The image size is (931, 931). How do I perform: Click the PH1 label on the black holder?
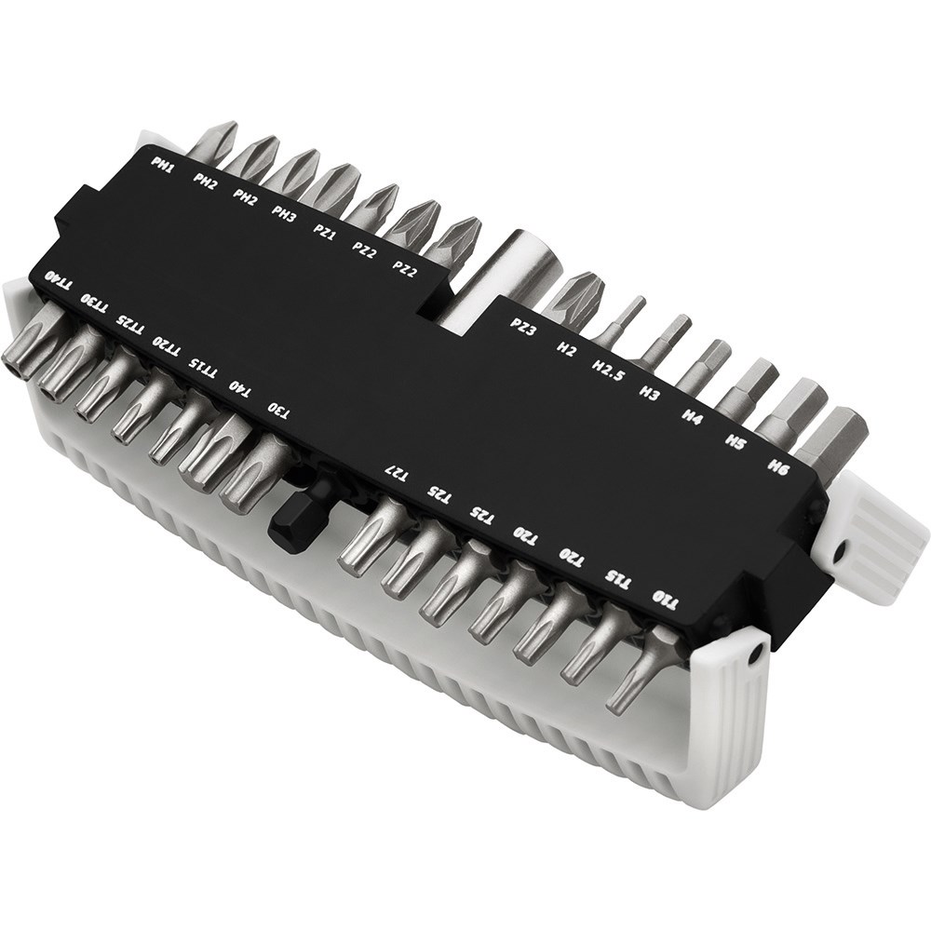[162, 165]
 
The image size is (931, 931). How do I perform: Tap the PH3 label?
[284, 211]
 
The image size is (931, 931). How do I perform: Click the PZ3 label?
[522, 326]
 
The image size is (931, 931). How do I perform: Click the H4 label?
[692, 417]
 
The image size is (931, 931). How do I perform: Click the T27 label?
[397, 473]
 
